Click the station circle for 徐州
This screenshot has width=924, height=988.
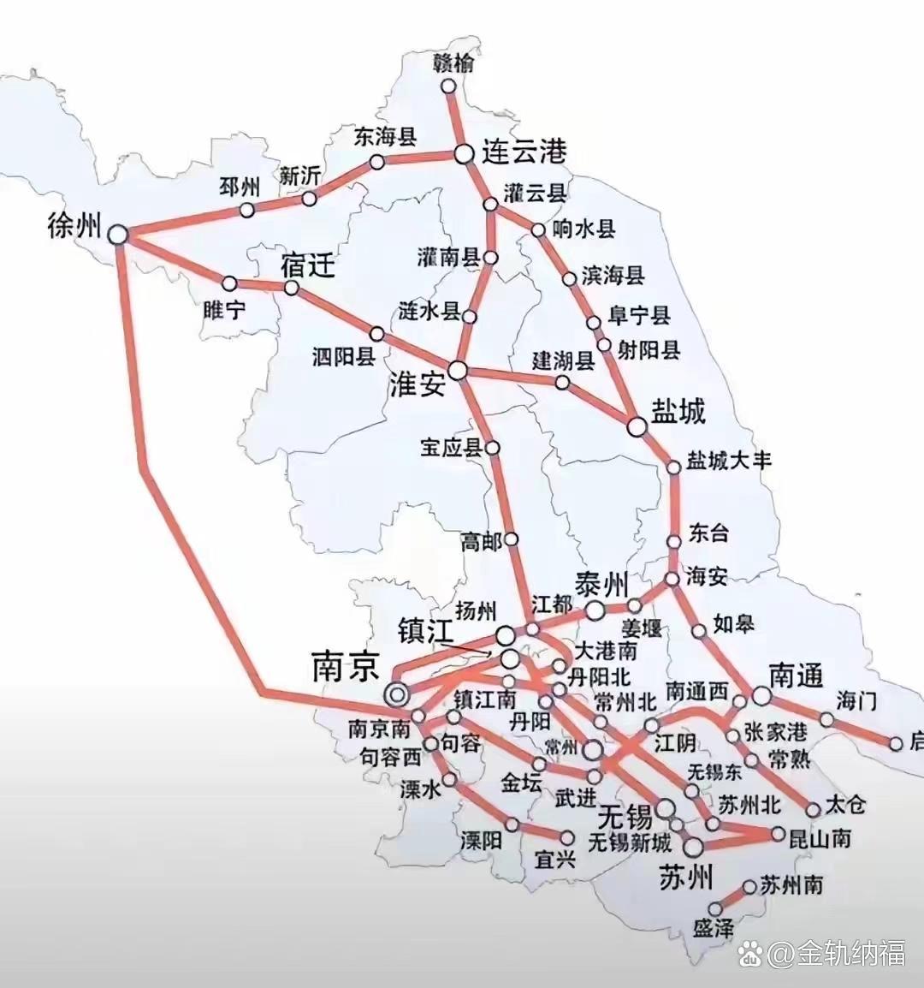click(x=117, y=233)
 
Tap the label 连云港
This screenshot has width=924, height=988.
click(x=524, y=152)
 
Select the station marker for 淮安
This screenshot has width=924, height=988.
click(x=459, y=370)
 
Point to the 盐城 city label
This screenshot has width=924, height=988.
click(x=678, y=411)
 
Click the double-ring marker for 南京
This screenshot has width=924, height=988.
click(x=396, y=694)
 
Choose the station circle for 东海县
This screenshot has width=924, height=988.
click(x=376, y=162)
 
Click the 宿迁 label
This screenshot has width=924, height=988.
click(x=307, y=265)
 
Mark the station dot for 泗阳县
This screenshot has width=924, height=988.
click(x=376, y=333)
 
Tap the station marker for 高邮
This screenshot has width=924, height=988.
click(x=512, y=539)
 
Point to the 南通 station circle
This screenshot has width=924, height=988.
click(x=761, y=695)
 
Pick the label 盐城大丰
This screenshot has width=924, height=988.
click(x=729, y=460)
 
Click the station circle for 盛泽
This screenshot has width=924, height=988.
click(x=715, y=908)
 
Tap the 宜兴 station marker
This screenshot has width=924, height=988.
click(x=566, y=836)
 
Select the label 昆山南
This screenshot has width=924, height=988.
click(x=819, y=837)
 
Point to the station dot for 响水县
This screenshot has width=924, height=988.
click(x=538, y=230)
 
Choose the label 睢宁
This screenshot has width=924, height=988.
click(x=224, y=309)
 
